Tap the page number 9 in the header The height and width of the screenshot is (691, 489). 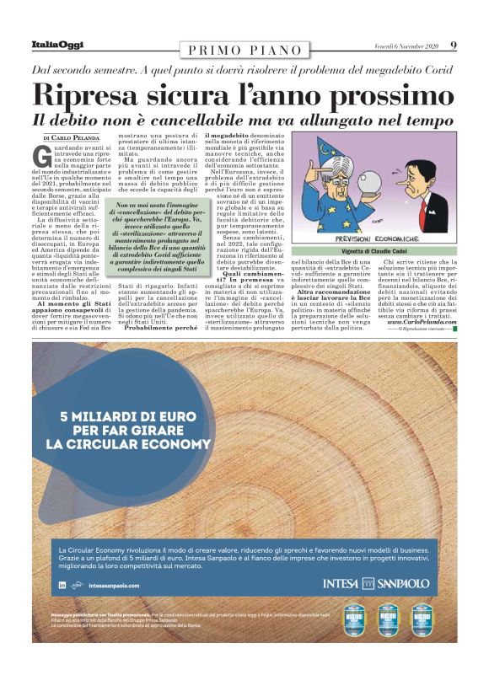point(454,46)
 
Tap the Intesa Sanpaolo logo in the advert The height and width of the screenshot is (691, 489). point(376,583)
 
